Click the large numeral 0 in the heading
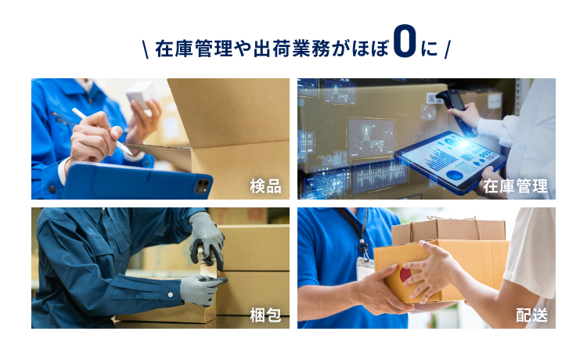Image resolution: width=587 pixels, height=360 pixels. click(x=405, y=41)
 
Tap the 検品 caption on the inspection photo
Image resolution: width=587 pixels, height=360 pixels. click(x=265, y=186)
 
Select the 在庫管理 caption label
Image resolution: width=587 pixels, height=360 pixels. click(x=515, y=186)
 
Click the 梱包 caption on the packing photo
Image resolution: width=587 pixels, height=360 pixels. click(x=265, y=315)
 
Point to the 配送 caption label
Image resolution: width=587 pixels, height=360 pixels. click(x=531, y=315)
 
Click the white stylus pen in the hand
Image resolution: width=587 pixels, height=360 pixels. click(x=103, y=131)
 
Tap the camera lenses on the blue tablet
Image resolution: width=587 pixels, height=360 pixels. click(x=203, y=185)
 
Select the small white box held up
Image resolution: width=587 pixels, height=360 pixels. click(x=141, y=94)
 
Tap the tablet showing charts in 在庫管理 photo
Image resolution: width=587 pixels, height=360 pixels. click(x=450, y=162)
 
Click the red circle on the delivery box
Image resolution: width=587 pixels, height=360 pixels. click(x=405, y=275)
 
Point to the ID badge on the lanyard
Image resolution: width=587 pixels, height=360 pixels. click(x=364, y=268)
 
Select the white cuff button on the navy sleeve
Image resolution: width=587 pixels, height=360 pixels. click(x=171, y=295)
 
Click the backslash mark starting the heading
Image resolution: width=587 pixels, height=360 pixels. click(x=146, y=49)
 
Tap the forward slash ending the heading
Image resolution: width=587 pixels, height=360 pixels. click(x=448, y=49)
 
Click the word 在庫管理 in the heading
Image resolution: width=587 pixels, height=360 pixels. click(x=193, y=49)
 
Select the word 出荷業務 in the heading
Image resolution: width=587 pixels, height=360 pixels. click(x=292, y=49)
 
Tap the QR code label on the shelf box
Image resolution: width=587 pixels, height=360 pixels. click(x=432, y=98)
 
